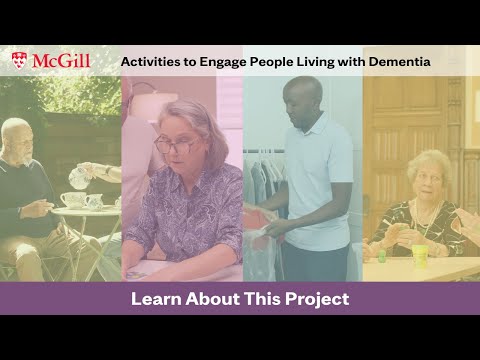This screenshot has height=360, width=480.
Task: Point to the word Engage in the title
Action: click(x=226, y=62)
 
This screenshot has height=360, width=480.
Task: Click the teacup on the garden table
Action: click(x=73, y=199)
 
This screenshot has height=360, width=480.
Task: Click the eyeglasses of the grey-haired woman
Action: click(x=178, y=144)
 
